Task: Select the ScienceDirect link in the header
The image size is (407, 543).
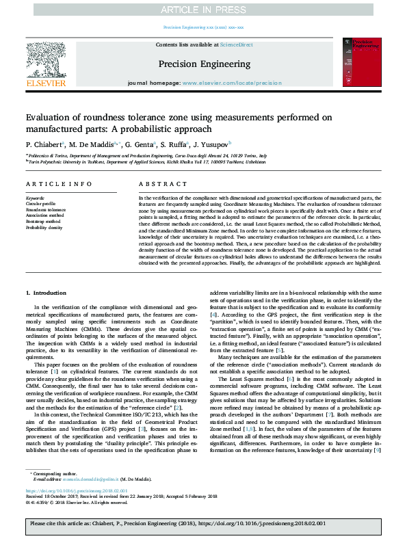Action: pos(236,44)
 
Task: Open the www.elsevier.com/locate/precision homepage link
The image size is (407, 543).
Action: pos(232,83)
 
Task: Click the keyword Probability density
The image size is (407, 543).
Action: pos(45,228)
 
